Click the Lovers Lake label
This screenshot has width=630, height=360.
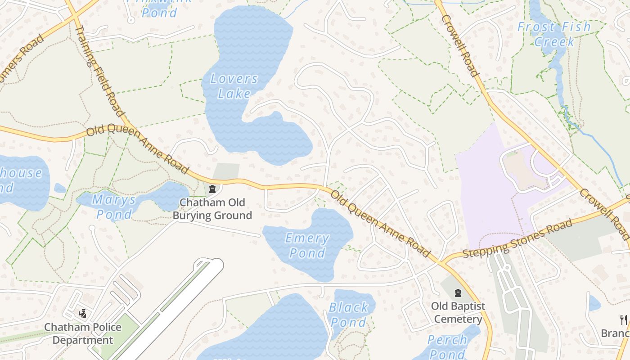tap(234, 86)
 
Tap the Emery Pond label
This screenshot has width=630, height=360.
tap(307, 246)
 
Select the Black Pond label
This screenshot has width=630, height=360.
tap(349, 315)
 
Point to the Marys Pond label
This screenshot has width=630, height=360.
tap(114, 207)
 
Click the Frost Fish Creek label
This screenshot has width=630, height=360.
tap(554, 34)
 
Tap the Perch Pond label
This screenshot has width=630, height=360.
tap(447, 346)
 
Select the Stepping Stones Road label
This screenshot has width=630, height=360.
tap(517, 238)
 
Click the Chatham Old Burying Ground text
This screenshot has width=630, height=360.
tap(212, 209)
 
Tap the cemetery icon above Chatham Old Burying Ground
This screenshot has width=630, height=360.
tap(213, 189)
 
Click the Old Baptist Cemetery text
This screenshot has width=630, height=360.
tap(458, 313)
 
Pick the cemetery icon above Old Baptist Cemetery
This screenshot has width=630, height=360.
tap(458, 293)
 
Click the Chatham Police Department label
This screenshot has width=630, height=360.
tap(83, 333)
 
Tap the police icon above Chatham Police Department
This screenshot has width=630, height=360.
tap(82, 313)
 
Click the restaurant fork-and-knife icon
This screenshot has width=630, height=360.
tap(623, 319)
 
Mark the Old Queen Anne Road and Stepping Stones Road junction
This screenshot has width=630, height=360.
tap(440, 261)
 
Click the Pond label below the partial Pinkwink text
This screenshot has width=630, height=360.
tap(159, 13)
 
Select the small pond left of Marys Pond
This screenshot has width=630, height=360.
tap(60, 188)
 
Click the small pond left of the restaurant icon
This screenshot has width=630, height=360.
tap(594, 303)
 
